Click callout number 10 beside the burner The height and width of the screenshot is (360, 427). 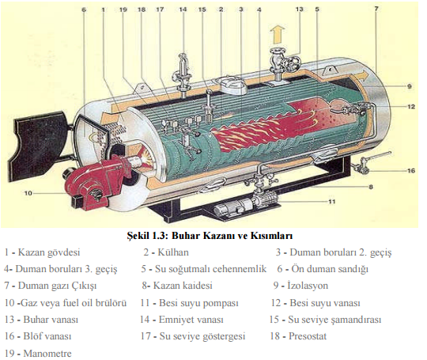tap(28, 193)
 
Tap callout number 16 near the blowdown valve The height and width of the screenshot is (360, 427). tap(411, 171)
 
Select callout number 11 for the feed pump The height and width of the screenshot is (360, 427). tap(331, 202)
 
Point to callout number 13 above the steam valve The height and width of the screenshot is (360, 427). tap(299, 9)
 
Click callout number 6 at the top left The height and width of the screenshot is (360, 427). tap(84, 9)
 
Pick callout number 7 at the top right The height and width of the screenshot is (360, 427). tap(376, 9)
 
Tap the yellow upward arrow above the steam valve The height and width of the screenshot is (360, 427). tap(278, 34)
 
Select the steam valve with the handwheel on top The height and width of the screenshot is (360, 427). tap(283, 64)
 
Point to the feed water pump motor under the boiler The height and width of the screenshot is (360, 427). tap(232, 208)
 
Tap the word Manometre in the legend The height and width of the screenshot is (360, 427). tap(47, 354)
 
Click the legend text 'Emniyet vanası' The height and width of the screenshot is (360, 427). tap(191, 320)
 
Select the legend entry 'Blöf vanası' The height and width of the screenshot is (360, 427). tap(47, 336)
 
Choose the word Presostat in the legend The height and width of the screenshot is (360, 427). tap(308, 336)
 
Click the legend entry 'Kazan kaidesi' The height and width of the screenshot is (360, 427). tap(183, 286)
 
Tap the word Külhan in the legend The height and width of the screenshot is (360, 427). tap(173, 252)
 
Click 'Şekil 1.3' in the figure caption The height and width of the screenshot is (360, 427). tap(147, 236)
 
